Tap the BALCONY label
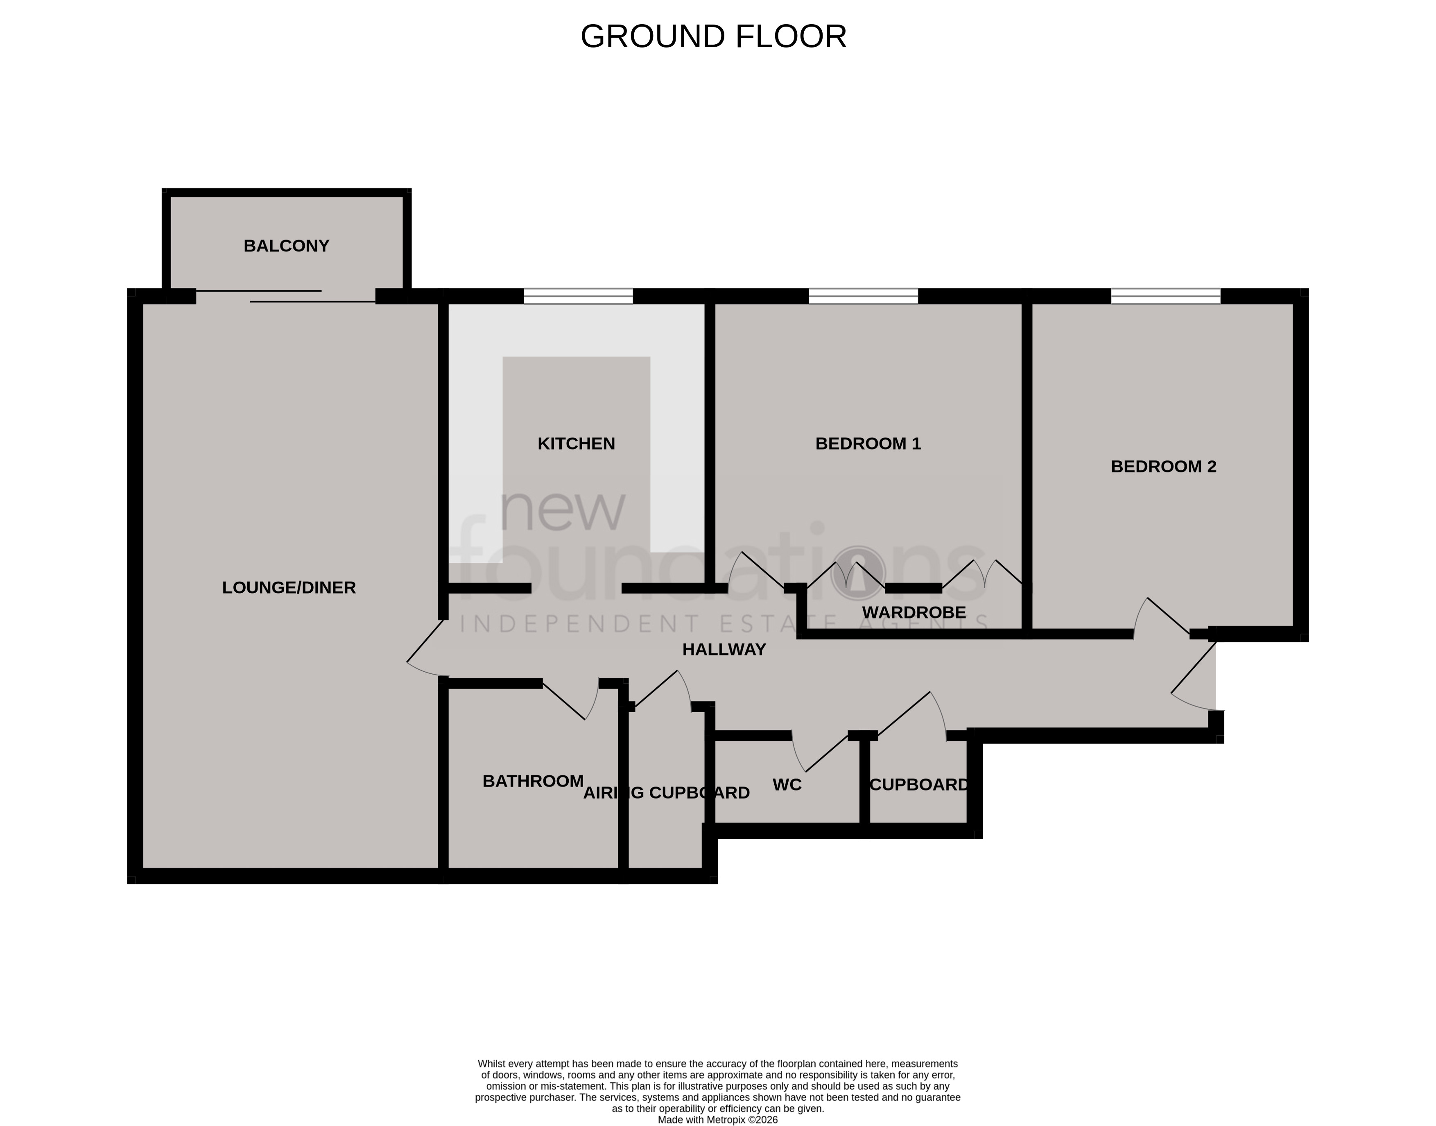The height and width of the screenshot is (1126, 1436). pyautogui.click(x=286, y=246)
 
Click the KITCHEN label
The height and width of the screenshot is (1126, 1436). pyautogui.click(x=576, y=444)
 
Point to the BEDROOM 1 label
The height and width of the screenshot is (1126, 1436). pyautogui.click(x=868, y=444)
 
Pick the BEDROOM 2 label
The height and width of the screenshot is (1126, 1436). pyautogui.click(x=1163, y=467)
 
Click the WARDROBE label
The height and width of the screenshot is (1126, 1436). pyautogui.click(x=914, y=612)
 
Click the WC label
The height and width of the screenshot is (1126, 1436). pyautogui.click(x=787, y=784)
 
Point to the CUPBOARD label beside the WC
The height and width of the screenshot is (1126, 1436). pyautogui.click(x=919, y=784)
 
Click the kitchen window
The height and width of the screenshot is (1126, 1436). pyautogui.click(x=578, y=297)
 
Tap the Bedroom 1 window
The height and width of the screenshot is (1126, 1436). pyautogui.click(x=863, y=297)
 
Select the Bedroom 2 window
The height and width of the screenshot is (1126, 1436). pyautogui.click(x=1165, y=297)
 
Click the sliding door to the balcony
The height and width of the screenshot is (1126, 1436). pyautogui.click(x=285, y=296)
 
